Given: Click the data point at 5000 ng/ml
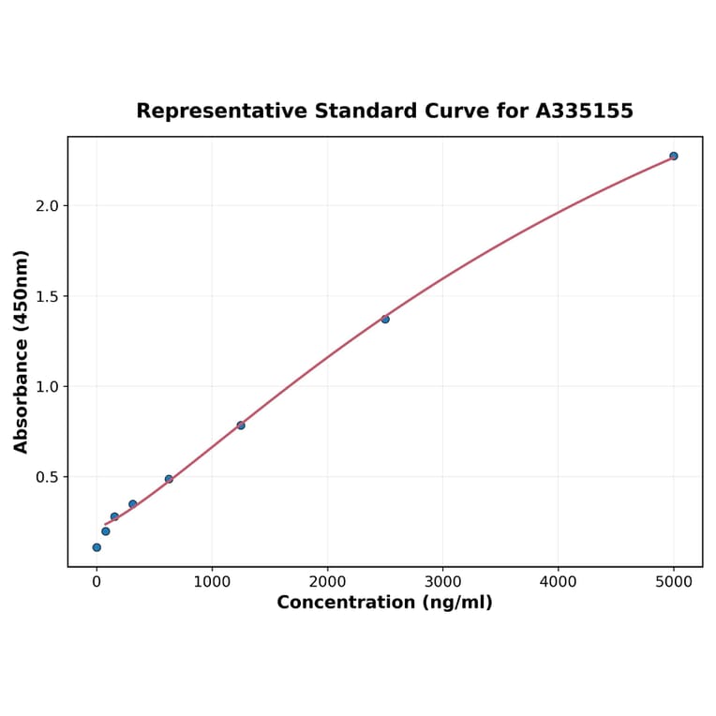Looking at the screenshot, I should [674, 156].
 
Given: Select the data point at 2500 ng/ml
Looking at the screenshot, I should [385, 319].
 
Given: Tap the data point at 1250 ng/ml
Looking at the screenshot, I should [241, 425].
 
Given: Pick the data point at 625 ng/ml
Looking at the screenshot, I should [169, 479].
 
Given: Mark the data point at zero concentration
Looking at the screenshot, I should [97, 547].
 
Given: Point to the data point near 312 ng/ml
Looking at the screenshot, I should [133, 504].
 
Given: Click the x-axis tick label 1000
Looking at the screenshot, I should [212, 582].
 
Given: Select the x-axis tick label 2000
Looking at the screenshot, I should [327, 582].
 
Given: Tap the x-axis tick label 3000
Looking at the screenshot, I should [442, 582].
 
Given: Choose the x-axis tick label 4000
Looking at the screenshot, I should [559, 582].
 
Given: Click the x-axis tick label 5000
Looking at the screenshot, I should [674, 582].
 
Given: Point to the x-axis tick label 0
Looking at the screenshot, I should [97, 582].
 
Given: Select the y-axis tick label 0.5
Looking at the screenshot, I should [47, 477].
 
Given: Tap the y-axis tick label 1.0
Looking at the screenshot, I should [47, 387].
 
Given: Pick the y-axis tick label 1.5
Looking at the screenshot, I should [47, 296].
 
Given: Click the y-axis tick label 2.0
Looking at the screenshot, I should [47, 206].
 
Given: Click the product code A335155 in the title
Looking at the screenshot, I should [584, 112].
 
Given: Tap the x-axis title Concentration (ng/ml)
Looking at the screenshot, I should [384, 603].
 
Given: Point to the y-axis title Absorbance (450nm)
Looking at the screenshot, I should [22, 351].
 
